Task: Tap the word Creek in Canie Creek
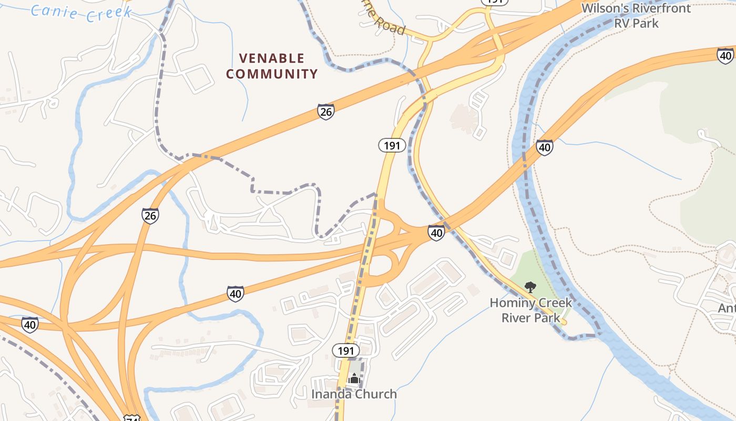click(x=108, y=14)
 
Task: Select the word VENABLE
click(x=272, y=58)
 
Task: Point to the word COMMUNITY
click(x=272, y=74)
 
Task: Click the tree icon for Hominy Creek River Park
click(x=530, y=287)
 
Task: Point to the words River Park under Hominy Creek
click(x=530, y=318)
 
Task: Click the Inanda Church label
click(x=354, y=394)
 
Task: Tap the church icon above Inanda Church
click(x=354, y=378)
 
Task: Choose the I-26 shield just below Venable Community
click(x=326, y=112)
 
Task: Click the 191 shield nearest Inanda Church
click(x=346, y=350)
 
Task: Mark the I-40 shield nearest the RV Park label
click(x=725, y=55)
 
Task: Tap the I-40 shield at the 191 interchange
click(x=436, y=233)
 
